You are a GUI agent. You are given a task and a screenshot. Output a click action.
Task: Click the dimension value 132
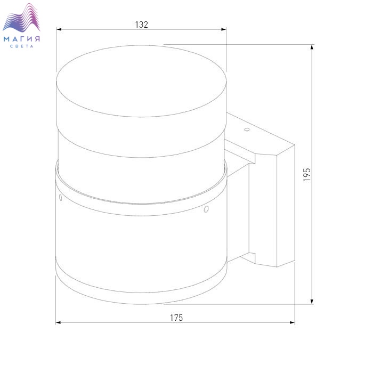pos(142,25)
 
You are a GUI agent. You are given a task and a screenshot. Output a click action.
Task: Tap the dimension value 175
pos(176,318)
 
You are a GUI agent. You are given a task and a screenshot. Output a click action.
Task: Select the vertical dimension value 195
pos(307,175)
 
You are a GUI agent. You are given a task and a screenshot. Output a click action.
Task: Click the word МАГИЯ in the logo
pos(22,39)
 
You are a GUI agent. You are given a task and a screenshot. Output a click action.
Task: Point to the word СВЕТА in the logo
pos(22,46)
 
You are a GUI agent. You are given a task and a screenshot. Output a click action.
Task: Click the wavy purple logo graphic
pos(21,18)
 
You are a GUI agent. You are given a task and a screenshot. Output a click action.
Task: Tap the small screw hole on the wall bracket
pos(247,129)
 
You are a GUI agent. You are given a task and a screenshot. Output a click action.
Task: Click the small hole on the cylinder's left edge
pos(60,198)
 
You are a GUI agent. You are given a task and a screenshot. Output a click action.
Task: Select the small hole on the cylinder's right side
pos(206,209)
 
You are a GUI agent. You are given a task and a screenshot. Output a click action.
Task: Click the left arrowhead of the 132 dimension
pos(59,29)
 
